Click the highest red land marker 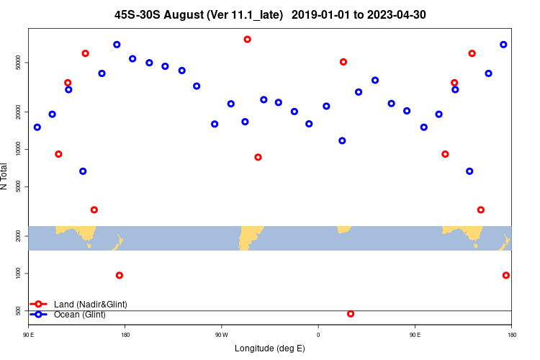pyautogui.click(x=247, y=40)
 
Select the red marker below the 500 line pyautogui.click(x=351, y=314)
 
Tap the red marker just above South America pyautogui.click(x=258, y=157)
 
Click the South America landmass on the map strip pyautogui.click(x=248, y=237)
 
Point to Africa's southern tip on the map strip pyautogui.click(x=343, y=230)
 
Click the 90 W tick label pyautogui.click(x=221, y=335)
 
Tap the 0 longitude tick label pyautogui.click(x=318, y=335)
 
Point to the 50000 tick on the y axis pyautogui.click(x=19, y=63)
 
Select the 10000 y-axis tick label pyautogui.click(x=19, y=149)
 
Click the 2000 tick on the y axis pyautogui.click(x=19, y=236)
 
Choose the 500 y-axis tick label pyautogui.click(x=19, y=311)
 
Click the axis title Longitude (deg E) pyautogui.click(x=270, y=348)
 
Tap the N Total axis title pyautogui.click(x=5, y=176)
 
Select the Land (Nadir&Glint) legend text pyautogui.click(x=90, y=305)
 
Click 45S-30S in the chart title pyautogui.click(x=137, y=14)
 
